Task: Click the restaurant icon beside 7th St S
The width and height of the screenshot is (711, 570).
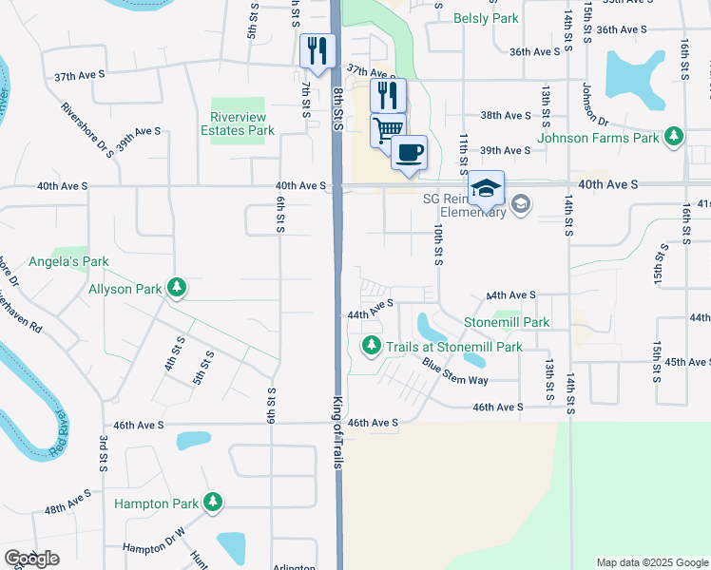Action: coord(317,50)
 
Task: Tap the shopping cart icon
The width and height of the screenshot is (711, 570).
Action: coord(387,129)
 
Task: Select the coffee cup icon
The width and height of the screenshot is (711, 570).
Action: coord(409,152)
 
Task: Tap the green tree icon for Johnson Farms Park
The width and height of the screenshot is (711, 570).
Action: coord(673,138)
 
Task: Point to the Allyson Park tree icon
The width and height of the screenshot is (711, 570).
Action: coord(176,288)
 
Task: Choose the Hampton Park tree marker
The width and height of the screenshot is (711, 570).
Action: coord(214,503)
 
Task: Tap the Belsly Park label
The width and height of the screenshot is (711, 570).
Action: coord(486,18)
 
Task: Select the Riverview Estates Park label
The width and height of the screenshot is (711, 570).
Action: coord(242,123)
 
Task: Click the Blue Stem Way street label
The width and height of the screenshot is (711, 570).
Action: coord(455,372)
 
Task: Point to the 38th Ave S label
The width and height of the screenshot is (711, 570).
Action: coord(505,115)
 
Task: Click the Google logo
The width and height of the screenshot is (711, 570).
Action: coord(31,559)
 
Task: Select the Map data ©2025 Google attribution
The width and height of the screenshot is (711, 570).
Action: coord(651,562)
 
